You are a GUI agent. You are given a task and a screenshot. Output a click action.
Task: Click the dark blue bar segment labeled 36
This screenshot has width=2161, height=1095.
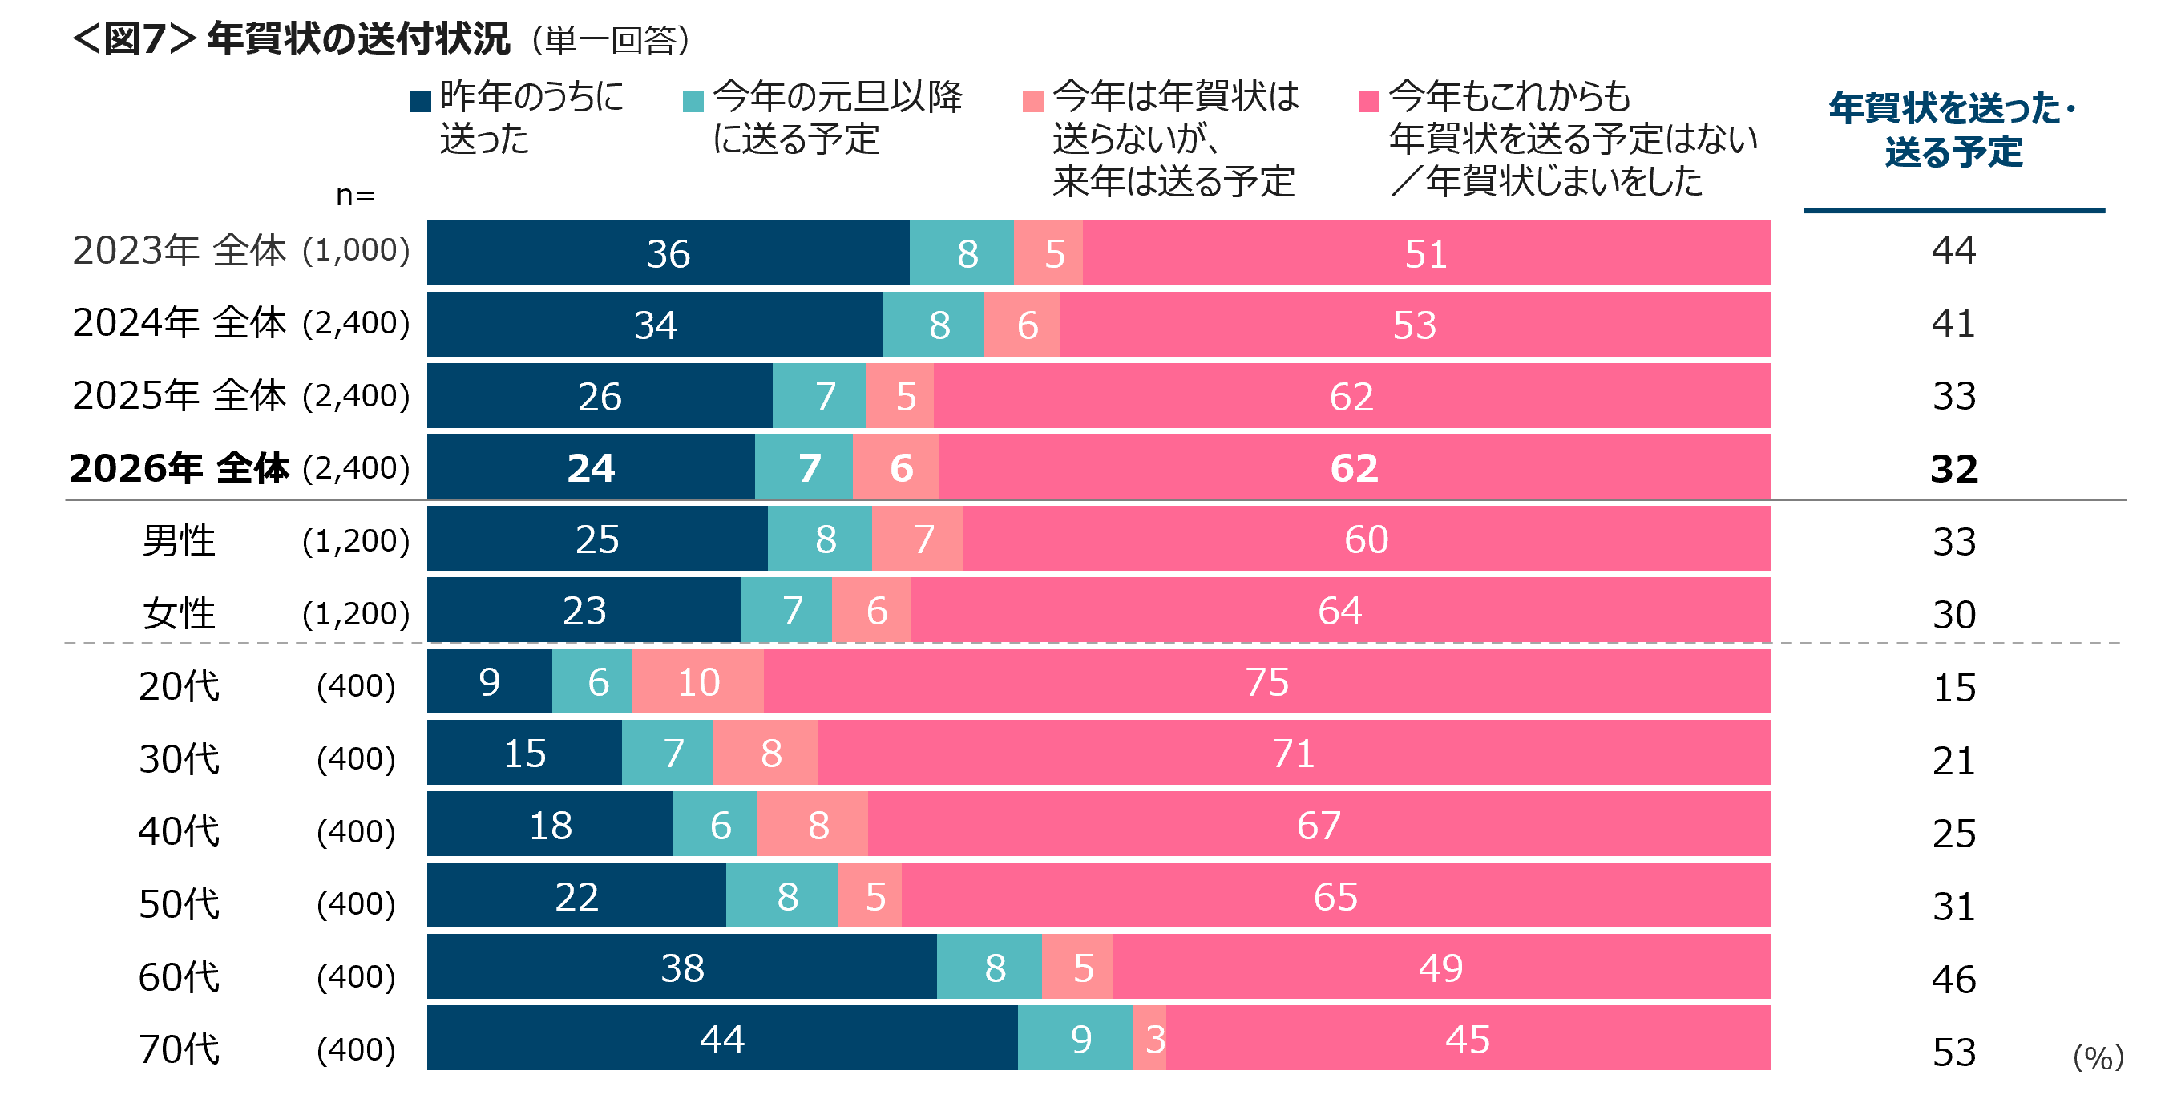(668, 253)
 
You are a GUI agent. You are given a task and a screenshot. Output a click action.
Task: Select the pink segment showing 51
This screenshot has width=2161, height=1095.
(1426, 253)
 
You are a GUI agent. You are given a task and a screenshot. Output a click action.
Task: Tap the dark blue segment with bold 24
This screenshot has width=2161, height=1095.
(591, 467)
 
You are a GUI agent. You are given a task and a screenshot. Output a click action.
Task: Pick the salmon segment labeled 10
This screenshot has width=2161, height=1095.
(698, 681)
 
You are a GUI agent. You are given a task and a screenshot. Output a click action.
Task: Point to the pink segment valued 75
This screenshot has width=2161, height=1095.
(1266, 681)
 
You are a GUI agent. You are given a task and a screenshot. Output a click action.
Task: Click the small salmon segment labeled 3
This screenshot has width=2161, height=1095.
(1149, 1039)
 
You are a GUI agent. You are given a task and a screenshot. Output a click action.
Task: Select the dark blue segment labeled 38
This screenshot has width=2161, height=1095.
(681, 968)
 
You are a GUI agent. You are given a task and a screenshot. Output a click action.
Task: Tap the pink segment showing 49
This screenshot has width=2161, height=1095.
(1441, 968)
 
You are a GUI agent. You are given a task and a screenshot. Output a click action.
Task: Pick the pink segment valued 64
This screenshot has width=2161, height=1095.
(1339, 610)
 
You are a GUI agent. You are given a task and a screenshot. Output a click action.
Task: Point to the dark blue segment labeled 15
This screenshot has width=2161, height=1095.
(524, 753)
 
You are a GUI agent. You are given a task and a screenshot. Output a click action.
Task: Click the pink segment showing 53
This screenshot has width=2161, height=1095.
(1415, 325)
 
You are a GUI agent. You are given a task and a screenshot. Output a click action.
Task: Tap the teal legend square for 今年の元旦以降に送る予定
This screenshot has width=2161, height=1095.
(693, 102)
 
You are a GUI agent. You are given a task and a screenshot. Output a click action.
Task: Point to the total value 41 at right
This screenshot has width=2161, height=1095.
(1953, 323)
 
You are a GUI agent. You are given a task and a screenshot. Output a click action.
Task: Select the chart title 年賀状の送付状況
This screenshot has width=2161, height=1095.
(359, 39)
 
